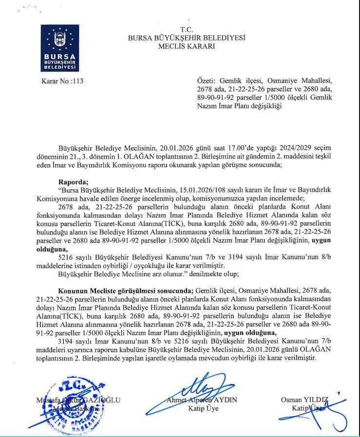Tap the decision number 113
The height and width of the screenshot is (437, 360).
tap(77, 81)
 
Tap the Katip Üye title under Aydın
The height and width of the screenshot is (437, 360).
tap(203, 408)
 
